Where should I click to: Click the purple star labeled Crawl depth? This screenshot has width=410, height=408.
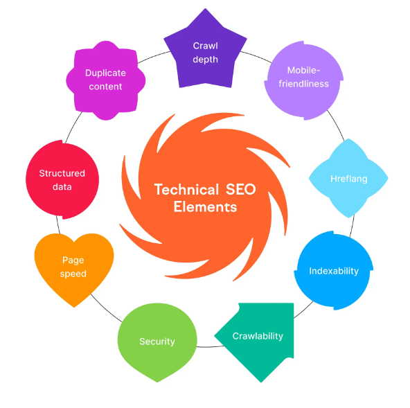(205, 53)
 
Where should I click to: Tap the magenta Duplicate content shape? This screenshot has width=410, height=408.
(106, 80)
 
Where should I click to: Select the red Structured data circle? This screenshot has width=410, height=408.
(62, 179)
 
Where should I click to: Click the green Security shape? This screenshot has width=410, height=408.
(157, 342)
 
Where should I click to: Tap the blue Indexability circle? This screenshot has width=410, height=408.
(334, 271)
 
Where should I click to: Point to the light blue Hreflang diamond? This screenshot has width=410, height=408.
(348, 178)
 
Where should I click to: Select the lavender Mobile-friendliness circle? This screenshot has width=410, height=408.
(304, 80)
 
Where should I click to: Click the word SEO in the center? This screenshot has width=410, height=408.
(241, 189)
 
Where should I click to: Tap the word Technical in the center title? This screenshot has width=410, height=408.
(186, 189)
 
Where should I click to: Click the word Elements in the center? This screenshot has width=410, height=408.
(205, 207)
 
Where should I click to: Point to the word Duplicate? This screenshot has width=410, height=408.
(105, 73)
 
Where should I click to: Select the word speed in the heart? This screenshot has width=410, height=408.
(73, 274)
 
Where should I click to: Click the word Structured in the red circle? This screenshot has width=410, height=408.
(62, 173)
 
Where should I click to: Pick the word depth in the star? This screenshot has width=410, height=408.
(205, 60)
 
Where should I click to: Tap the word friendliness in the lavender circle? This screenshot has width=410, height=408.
(303, 84)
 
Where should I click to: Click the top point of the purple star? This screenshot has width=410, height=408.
(205, 8)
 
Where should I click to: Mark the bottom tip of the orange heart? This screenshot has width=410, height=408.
(74, 307)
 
